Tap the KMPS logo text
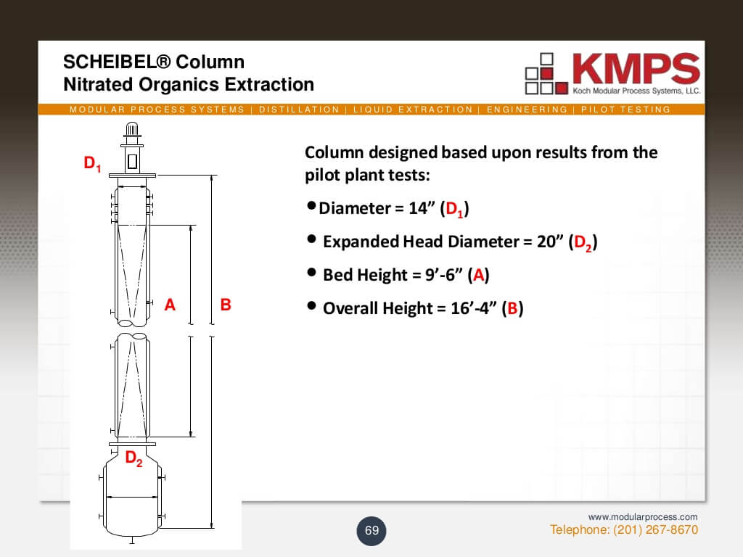click(636, 68)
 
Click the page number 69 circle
click(371, 530)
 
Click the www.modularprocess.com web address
click(643, 516)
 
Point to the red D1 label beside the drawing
click(92, 163)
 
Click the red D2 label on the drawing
click(134, 458)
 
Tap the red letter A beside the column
click(170, 304)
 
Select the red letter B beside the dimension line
click(226, 304)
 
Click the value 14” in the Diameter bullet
click(422, 208)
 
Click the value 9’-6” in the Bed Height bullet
click(443, 275)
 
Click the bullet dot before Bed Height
click(311, 273)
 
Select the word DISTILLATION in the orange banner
click(299, 110)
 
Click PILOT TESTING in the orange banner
click(625, 110)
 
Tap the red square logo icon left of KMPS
click(547, 73)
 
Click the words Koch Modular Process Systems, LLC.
click(636, 91)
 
